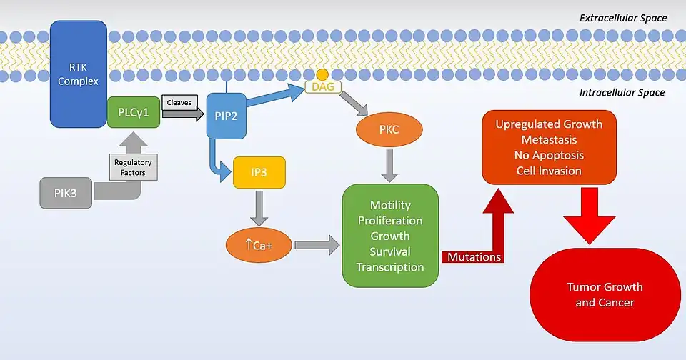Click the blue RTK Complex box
(x=78, y=74)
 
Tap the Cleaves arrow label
(x=178, y=103)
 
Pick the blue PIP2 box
(x=227, y=115)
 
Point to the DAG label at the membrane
(x=323, y=86)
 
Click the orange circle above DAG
(x=323, y=74)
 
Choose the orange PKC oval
(x=389, y=130)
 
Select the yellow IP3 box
(x=259, y=171)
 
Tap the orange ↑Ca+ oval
(x=259, y=244)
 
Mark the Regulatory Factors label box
(x=133, y=167)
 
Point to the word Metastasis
(x=549, y=139)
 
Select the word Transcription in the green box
(x=390, y=267)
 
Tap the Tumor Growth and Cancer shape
(x=605, y=295)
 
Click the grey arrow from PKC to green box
(x=389, y=166)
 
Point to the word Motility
(x=390, y=205)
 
